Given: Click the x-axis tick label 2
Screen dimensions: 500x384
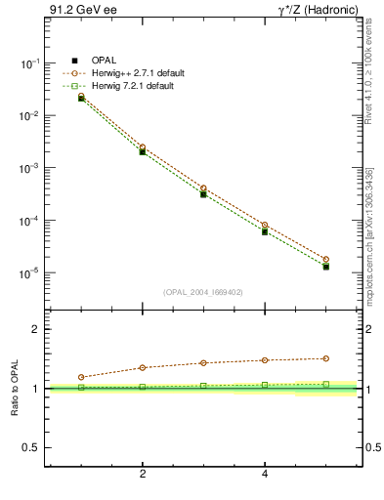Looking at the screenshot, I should click(x=143, y=475).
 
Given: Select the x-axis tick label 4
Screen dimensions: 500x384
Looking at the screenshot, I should click(x=265, y=475).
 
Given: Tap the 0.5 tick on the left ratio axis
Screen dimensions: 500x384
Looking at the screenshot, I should click(x=31, y=447).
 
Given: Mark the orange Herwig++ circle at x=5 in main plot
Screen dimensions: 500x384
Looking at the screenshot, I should click(x=325, y=259).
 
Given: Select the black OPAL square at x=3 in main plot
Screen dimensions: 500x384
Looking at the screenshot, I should click(x=203, y=194).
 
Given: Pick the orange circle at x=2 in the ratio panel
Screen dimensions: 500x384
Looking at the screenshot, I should click(x=143, y=367).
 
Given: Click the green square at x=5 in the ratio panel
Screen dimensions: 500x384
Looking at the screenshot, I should click(x=325, y=384).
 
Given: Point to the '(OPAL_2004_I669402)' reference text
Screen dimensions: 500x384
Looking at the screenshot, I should click(x=203, y=292).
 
